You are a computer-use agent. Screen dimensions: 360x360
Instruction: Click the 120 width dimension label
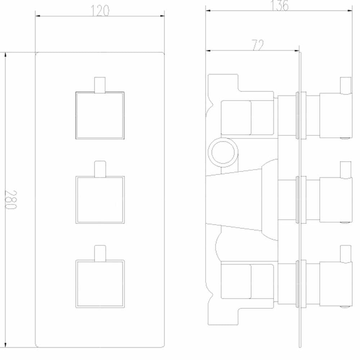coord(100,11)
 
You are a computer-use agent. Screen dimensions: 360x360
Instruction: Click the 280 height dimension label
coord(10,199)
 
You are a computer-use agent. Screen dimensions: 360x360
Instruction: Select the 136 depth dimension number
coord(279,5)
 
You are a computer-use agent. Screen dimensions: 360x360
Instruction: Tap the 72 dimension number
coord(258,45)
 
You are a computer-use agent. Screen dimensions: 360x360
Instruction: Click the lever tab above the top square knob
coord(100,85)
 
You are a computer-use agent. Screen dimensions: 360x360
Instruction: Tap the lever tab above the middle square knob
coord(100,169)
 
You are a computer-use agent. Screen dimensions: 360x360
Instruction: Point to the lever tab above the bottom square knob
coord(100,253)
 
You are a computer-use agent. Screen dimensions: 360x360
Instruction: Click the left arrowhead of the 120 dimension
coord(37,16)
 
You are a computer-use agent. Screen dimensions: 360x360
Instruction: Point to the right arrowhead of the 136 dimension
coord(350,10)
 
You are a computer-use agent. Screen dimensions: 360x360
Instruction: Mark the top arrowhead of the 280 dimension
coord(5,55)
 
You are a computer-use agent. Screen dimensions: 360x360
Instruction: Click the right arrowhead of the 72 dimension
coord(297,50)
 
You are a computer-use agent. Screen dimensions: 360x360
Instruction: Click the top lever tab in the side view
coord(346,86)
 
